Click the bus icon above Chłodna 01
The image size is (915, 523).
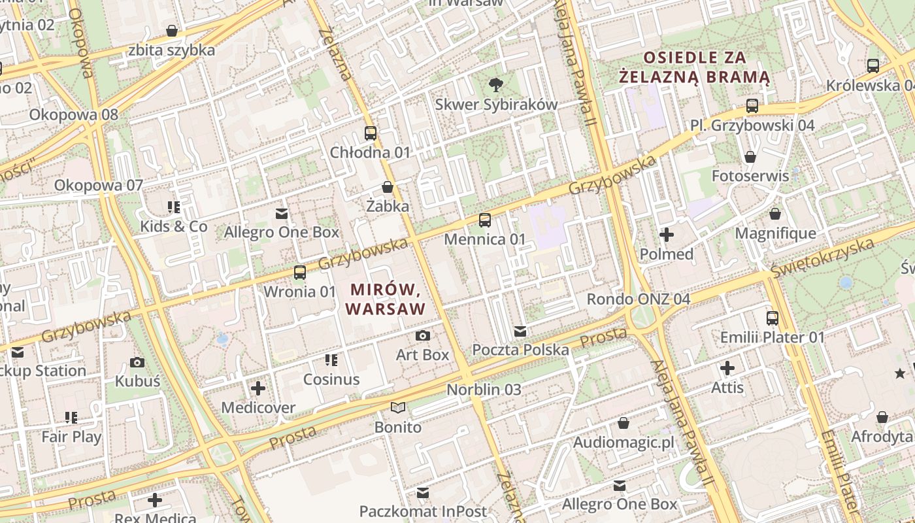point(371,133)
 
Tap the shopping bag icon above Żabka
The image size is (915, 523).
point(388,188)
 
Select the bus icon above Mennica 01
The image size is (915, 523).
point(484,220)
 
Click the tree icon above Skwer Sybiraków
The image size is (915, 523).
point(496,84)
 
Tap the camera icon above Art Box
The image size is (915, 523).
point(423,336)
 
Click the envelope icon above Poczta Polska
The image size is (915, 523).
point(520,331)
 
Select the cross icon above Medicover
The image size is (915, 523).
point(258,389)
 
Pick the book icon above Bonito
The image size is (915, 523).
point(398,408)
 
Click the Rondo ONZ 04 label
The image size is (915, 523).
point(638,299)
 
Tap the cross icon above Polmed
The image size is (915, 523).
point(667,235)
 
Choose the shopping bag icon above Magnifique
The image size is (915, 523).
point(775,214)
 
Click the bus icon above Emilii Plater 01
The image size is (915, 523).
point(773,318)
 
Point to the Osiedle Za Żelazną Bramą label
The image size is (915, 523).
point(694,67)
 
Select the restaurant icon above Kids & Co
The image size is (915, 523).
point(174,208)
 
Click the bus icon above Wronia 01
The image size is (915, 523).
point(300,273)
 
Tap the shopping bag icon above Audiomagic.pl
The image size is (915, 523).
point(624,424)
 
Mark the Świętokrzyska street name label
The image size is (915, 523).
point(822,258)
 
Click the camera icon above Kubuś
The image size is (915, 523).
point(137,363)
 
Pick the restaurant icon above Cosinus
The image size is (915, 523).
point(331,360)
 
